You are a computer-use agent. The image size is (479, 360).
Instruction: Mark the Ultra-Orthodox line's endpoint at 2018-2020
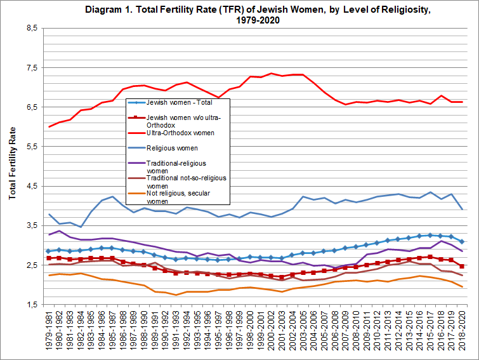[461, 102]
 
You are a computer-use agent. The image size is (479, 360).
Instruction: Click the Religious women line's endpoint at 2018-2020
[461, 209]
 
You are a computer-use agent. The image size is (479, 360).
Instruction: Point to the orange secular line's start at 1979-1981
[49, 276]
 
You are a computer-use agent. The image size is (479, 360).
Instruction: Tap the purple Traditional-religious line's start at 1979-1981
[49, 235]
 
